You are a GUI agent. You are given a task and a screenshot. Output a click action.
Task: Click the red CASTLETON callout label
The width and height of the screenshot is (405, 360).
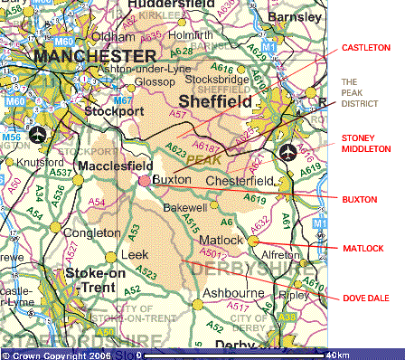(x=365, y=46)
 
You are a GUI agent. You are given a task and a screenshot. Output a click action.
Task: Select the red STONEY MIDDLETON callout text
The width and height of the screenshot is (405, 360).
(x=365, y=144)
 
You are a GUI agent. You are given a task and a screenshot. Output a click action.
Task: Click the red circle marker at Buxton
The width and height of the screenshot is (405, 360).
(x=145, y=181)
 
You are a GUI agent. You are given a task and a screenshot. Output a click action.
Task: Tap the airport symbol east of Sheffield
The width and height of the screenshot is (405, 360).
(x=288, y=151)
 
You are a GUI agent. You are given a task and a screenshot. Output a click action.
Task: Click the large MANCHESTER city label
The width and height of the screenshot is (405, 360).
(x=85, y=56)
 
